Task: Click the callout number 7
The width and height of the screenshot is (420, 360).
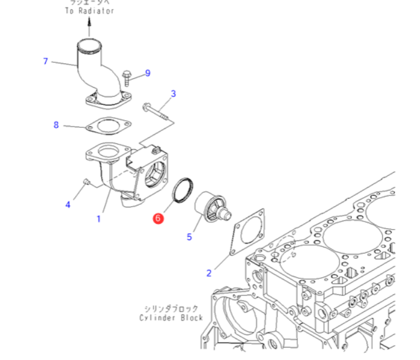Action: click(45, 61)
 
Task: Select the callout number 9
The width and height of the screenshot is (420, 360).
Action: click(148, 73)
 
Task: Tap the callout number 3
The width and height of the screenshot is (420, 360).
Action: click(174, 94)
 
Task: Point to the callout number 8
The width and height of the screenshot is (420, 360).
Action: click(56, 125)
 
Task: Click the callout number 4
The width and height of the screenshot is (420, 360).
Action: click(68, 205)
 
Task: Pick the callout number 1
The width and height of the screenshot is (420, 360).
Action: click(98, 218)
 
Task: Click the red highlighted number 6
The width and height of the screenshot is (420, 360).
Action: click(158, 218)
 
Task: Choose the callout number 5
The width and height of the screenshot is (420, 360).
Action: click(190, 237)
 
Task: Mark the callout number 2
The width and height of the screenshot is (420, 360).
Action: click(209, 273)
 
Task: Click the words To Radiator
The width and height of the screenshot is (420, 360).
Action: click(89, 11)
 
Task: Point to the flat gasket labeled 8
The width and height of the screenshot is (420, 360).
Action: click(104, 127)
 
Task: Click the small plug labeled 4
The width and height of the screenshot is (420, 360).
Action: click(85, 181)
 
